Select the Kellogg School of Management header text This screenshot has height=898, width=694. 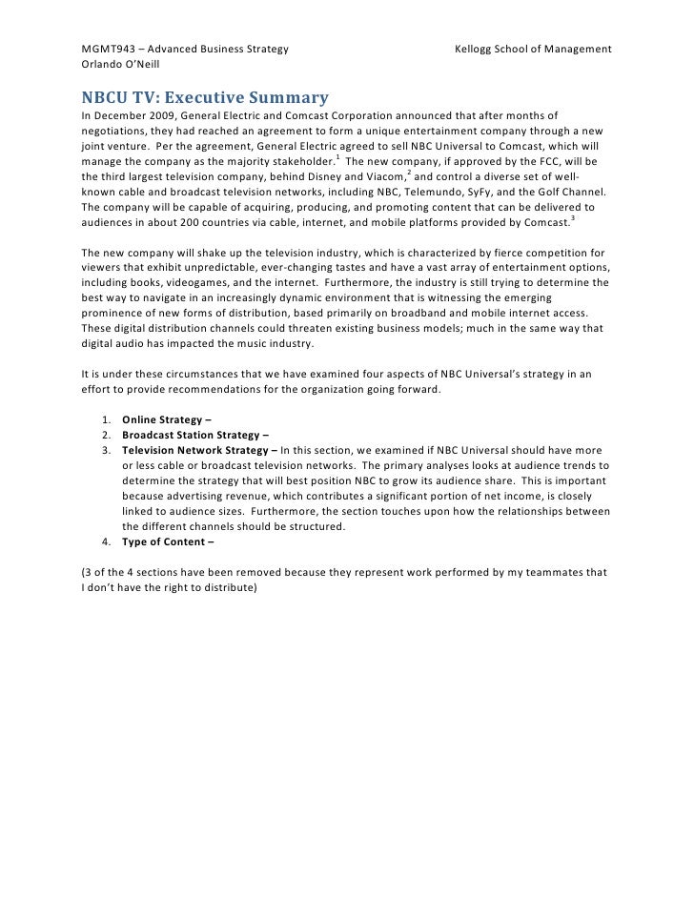click(533, 49)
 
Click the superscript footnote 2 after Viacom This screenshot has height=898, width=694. click(409, 173)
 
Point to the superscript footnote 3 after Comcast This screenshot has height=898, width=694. click(572, 218)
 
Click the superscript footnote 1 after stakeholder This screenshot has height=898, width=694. click(337, 157)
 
